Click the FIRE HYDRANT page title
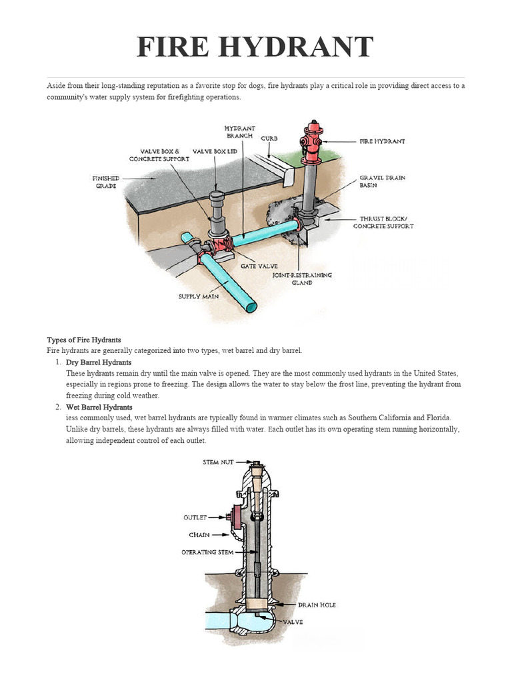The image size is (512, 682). (255, 48)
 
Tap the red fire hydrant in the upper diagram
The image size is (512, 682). (311, 142)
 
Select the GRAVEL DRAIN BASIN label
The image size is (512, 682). (382, 182)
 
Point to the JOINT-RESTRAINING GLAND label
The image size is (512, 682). (301, 278)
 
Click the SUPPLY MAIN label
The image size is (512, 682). (198, 296)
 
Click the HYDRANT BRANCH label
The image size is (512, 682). (239, 131)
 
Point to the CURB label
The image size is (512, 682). (269, 139)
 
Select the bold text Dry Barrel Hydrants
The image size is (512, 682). (99, 362)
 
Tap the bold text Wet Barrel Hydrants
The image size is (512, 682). (99, 407)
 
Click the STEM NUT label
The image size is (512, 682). (219, 462)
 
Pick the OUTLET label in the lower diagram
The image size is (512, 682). (195, 517)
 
